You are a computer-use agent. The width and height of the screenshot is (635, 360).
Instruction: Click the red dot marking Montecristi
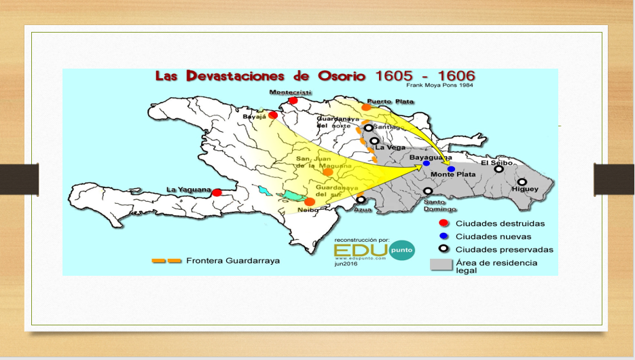coord(293,101)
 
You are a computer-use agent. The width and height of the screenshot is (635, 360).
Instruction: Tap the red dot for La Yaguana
coord(217,193)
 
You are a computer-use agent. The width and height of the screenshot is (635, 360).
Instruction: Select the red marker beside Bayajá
coord(273,115)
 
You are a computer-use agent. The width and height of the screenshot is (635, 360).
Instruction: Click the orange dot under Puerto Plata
coord(366,107)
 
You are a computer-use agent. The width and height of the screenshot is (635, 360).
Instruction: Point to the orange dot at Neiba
coord(310,202)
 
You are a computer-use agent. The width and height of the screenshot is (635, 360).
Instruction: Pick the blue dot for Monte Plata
coord(451,168)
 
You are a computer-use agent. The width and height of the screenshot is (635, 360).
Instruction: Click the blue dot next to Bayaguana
coord(426,164)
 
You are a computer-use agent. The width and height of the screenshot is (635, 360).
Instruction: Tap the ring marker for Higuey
coord(522,182)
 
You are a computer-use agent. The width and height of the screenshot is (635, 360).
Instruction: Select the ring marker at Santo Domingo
coord(427,192)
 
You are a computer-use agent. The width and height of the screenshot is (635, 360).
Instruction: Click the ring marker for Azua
coord(361,200)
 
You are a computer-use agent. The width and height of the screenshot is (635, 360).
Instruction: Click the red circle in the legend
coord(443,223)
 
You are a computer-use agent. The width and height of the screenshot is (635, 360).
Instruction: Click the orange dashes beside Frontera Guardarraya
coord(166,260)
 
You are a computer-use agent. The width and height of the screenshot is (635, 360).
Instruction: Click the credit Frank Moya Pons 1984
coord(439,85)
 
